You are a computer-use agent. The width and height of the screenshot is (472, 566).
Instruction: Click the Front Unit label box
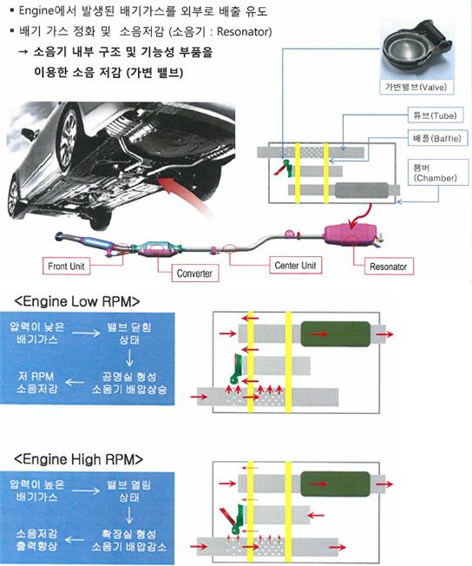[67, 266]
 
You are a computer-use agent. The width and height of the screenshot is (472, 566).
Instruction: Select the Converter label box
[195, 273]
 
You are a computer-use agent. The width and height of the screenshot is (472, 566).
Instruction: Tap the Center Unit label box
[296, 266]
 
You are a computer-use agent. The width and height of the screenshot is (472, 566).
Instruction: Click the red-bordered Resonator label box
[389, 267]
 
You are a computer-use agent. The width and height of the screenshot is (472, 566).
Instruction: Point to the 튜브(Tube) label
[436, 115]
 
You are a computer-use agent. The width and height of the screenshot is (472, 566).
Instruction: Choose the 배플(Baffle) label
[437, 138]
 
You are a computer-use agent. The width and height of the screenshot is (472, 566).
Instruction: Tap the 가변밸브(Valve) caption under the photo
[416, 87]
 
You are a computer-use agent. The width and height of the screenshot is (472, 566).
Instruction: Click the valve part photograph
[416, 48]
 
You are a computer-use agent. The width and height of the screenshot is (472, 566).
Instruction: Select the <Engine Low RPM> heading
[77, 301]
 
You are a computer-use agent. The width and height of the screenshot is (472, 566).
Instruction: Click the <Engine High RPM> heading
[78, 459]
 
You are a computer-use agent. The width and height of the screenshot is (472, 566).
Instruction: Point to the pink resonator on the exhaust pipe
[351, 235]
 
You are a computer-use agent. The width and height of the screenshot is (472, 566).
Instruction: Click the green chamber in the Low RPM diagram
[336, 334]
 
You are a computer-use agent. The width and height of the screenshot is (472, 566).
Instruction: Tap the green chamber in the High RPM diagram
[336, 484]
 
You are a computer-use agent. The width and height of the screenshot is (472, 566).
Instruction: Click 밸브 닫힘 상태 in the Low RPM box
[129, 333]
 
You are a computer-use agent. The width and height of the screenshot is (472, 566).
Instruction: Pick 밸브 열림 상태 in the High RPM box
[129, 491]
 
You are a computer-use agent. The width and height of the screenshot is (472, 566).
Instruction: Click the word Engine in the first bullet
[36, 11]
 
